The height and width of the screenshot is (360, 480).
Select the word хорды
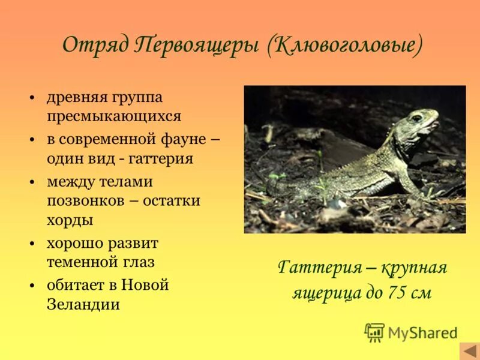point(70,220)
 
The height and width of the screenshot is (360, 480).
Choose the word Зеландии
point(83,304)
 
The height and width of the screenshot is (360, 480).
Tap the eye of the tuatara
point(416,118)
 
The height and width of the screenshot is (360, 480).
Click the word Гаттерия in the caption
point(316,268)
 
